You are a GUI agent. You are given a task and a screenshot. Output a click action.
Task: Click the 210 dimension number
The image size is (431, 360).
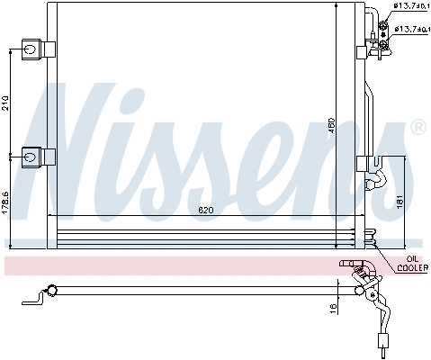coord(7,103)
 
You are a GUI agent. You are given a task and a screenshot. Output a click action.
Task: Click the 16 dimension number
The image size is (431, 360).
coord(332,309)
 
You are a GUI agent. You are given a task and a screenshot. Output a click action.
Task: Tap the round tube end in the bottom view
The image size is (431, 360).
coord(52,290)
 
